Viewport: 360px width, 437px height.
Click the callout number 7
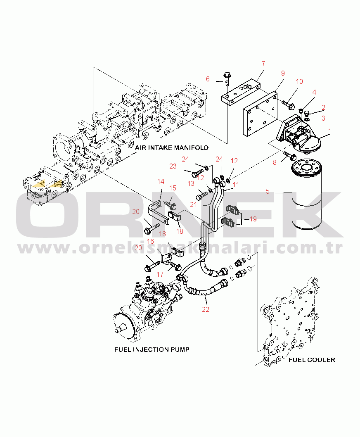click(x=263, y=64)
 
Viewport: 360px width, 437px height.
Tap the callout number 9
click(x=283, y=74)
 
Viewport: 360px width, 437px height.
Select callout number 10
click(x=300, y=81)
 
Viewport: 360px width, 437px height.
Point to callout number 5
click(x=268, y=191)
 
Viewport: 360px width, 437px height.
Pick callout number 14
click(x=161, y=181)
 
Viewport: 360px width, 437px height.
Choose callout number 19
click(x=253, y=219)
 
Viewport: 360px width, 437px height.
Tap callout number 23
click(x=173, y=166)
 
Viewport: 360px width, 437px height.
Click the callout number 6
click(x=208, y=79)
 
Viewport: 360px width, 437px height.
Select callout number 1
click(x=329, y=132)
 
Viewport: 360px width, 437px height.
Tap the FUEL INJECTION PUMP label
click(x=152, y=350)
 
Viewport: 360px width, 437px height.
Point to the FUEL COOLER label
click(x=312, y=360)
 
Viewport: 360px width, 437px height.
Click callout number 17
click(x=160, y=273)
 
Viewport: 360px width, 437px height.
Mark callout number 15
click(x=173, y=188)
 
